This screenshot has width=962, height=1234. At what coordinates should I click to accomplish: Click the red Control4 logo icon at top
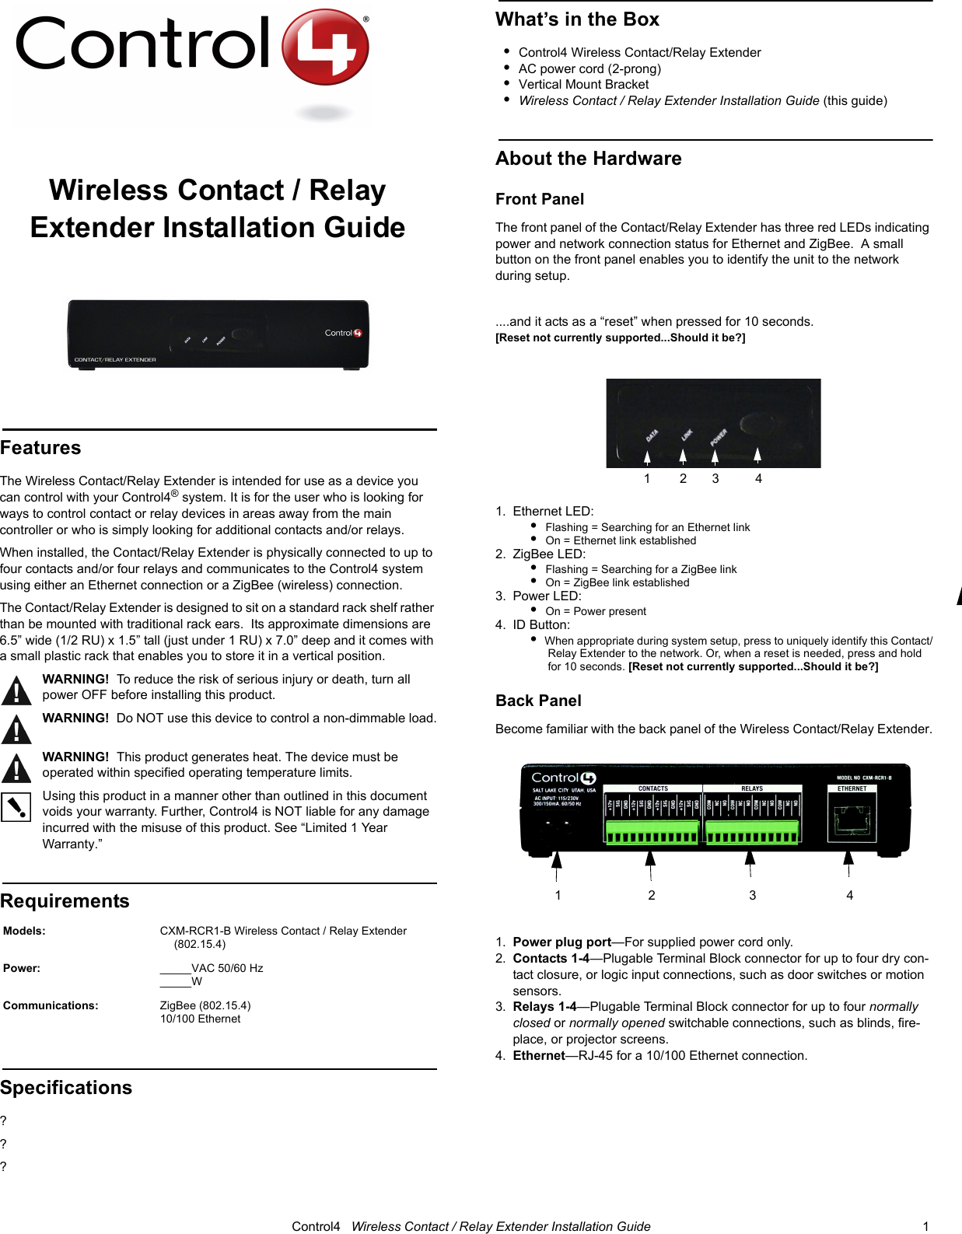point(324,47)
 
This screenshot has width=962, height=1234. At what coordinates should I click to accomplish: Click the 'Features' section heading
point(40,448)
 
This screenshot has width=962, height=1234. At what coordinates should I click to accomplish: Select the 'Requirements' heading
point(65,901)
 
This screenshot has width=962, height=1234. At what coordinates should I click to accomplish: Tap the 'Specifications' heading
point(66,1088)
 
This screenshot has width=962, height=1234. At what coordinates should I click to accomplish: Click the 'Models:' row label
point(24,931)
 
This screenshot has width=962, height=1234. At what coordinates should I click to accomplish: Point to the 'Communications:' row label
point(51,1005)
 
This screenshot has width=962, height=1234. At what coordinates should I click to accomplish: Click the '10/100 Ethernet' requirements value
point(200,1019)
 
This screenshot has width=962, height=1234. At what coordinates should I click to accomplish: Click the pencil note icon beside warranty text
point(16,807)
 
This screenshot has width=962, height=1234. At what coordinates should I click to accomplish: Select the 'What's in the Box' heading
point(577,19)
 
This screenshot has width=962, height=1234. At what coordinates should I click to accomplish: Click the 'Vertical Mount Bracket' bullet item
point(583,85)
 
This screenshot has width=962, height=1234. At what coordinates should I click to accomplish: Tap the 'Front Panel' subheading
point(539,199)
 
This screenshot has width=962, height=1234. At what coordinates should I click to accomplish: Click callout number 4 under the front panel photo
point(758,479)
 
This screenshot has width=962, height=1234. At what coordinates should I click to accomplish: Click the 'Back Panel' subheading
point(538,701)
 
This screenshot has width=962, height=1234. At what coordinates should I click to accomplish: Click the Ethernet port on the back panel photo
point(852,821)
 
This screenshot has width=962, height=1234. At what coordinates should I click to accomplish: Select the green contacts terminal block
point(652,832)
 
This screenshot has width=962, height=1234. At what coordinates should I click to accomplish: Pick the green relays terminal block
point(751,832)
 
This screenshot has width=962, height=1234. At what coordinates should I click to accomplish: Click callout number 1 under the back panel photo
point(558,896)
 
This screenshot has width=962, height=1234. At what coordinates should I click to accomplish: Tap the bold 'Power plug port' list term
point(561,942)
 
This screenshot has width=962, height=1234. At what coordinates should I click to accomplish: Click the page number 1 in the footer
point(925,1226)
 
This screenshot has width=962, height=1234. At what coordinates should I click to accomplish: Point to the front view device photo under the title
point(218,334)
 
